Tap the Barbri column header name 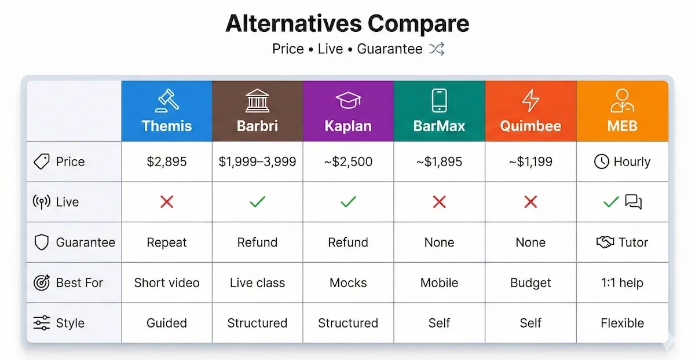pos(257,126)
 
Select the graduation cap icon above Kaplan pos(348,101)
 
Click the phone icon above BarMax pos(439,100)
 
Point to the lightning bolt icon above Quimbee pos(531,100)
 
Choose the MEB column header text pos(622,126)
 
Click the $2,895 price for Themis pos(167,161)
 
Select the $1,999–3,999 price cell pos(257,161)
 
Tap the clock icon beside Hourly pos(602,161)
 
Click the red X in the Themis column pos(167,202)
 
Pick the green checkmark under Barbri pos(257,202)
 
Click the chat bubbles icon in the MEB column pos(634,202)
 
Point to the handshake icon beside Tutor pos(605,243)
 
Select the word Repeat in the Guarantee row pos(167,243)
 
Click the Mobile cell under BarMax pos(439,283)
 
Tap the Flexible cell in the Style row pos(622,323)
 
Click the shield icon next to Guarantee pos(42,243)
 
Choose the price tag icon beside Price pos(42,162)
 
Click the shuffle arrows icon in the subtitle pos(437,49)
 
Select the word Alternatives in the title pos(293,24)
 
